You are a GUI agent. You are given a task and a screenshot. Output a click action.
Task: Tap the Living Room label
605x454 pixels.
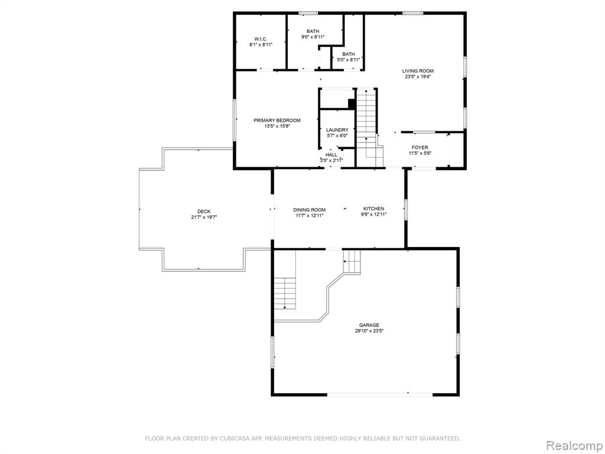point(418,71)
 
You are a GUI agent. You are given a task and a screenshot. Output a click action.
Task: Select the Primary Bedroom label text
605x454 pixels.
point(277,121)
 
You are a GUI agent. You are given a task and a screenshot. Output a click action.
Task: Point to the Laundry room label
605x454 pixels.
point(337,130)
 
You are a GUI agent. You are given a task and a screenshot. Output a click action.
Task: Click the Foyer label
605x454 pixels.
point(420,147)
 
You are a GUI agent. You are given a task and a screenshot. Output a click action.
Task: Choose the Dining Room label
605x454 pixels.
point(310,210)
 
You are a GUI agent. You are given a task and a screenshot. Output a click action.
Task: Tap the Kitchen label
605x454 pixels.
point(374,209)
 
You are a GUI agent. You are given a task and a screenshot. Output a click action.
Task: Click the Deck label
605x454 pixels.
point(204,212)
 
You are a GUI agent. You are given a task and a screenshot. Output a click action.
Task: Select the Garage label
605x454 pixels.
point(369,325)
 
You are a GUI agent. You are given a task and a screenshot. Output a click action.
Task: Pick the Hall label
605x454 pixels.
point(331,155)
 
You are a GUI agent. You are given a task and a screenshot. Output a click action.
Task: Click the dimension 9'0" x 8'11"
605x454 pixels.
point(313,37)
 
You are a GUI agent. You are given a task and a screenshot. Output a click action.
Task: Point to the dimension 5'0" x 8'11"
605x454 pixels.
point(349,60)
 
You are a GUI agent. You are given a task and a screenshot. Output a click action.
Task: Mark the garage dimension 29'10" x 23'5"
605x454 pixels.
point(369,331)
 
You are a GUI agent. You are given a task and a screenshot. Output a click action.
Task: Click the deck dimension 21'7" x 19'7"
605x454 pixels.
point(204,218)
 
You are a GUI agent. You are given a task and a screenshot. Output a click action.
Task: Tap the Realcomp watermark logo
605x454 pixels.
point(574,445)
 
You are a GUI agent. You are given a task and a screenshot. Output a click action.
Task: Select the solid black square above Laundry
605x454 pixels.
point(352,103)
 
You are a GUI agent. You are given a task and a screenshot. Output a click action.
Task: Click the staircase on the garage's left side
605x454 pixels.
point(285,293)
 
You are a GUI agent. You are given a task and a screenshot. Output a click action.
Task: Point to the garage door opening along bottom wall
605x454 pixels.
point(380,394)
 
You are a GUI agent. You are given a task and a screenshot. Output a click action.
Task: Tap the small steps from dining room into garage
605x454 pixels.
point(352,261)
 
